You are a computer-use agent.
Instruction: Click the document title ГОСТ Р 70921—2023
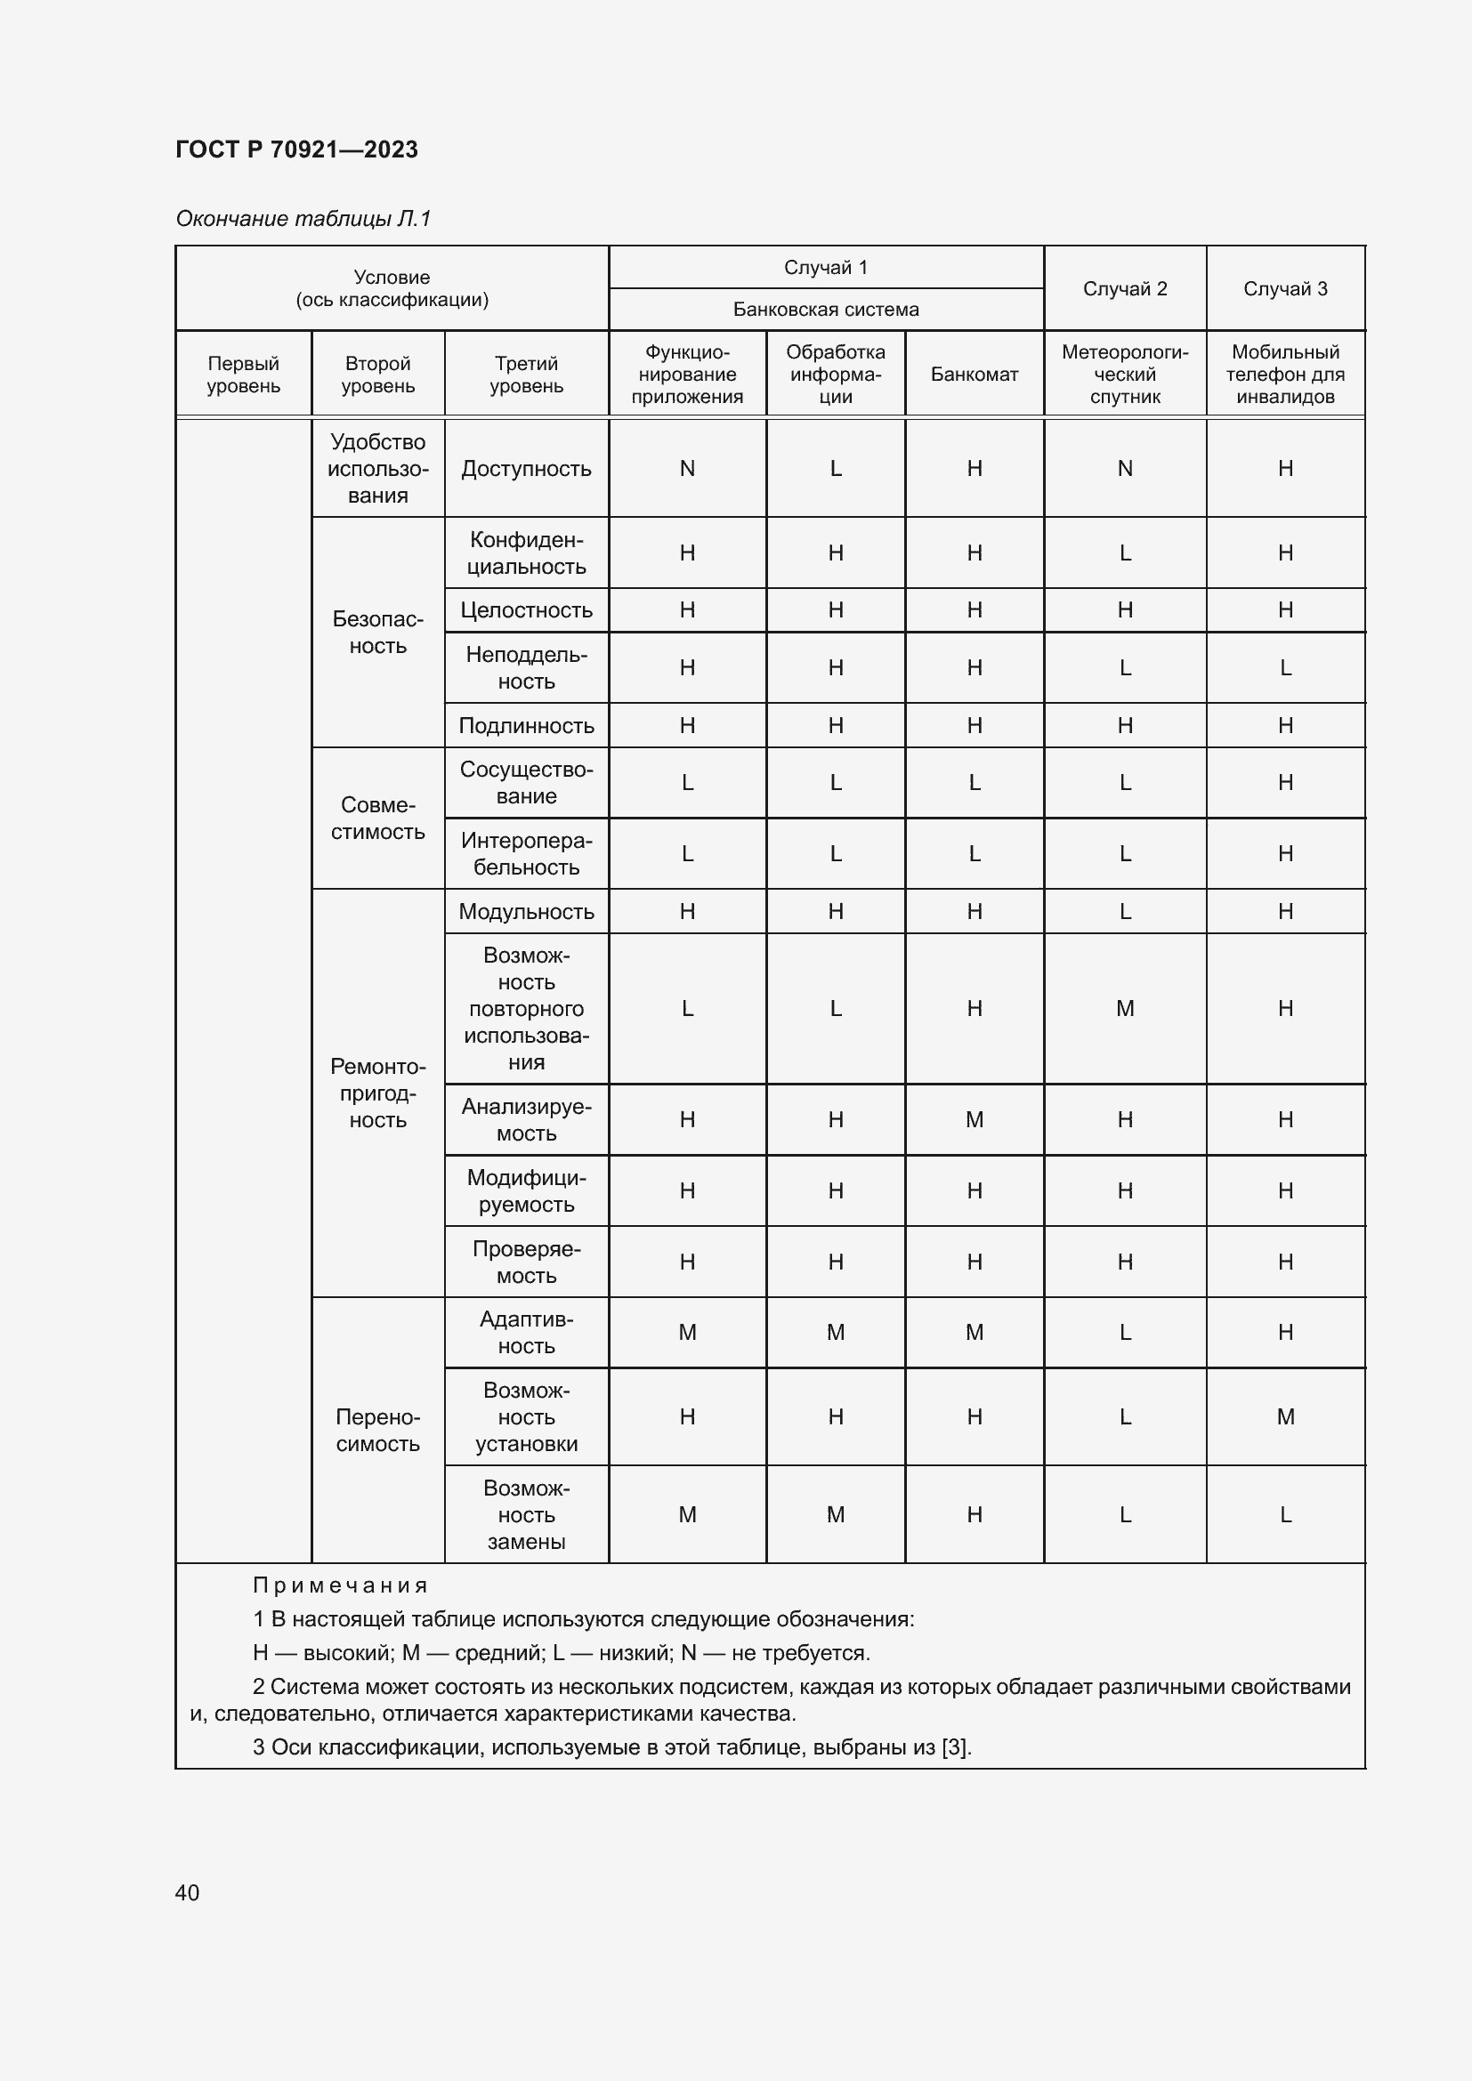coord(296,149)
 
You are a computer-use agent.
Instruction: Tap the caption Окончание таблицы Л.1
coord(303,219)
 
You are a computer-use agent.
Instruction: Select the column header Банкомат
coord(974,375)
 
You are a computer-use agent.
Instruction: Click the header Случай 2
coord(1124,288)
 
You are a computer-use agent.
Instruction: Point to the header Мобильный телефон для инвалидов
coord(1284,375)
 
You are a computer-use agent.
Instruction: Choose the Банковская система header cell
coord(825,310)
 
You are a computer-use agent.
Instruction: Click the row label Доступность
coord(526,469)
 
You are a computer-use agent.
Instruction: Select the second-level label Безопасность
coord(377,633)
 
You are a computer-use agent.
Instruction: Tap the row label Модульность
coord(526,911)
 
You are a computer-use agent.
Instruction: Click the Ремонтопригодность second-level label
coord(377,1093)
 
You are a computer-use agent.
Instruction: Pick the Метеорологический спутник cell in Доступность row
coord(1124,469)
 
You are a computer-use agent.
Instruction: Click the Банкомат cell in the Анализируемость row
coord(974,1119)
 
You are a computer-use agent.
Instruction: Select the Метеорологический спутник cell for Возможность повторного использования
coord(1124,1008)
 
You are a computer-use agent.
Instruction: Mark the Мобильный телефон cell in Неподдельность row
coord(1284,668)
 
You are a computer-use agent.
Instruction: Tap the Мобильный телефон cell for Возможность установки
coord(1284,1416)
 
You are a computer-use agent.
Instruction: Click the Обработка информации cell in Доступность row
coord(835,469)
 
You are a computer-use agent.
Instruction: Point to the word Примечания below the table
coord(340,1585)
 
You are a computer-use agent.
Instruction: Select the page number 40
coord(187,1892)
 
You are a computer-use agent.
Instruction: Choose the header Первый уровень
coord(243,375)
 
